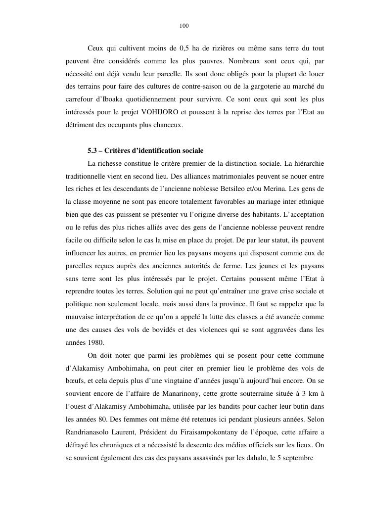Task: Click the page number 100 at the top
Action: click(184, 26)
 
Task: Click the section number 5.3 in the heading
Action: click(92, 150)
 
